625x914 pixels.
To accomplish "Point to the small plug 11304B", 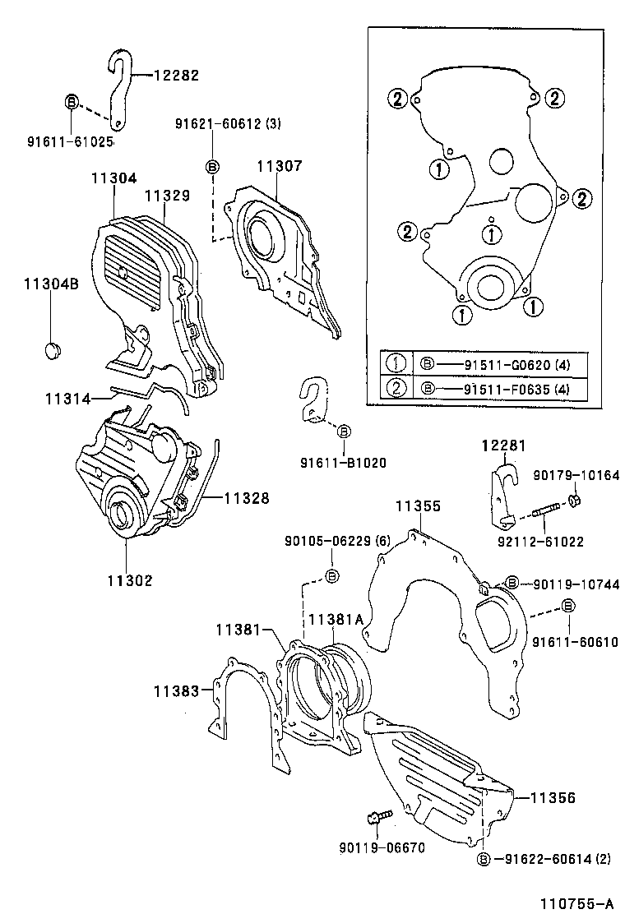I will (53, 349).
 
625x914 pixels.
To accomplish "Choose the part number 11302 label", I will (128, 580).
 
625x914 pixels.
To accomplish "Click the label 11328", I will (246, 498).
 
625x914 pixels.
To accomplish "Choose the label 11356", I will (552, 797).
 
